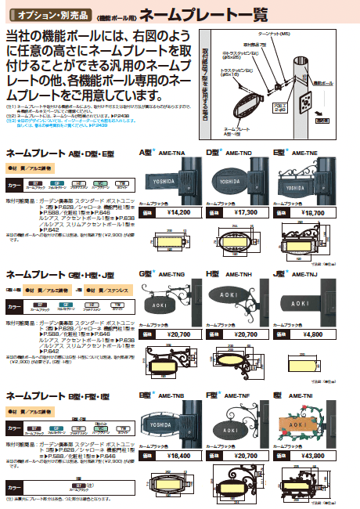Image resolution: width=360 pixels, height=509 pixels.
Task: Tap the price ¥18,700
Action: click(314, 212)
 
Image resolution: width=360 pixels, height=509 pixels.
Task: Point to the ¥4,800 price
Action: click(314, 334)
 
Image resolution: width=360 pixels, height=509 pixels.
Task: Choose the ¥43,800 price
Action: click(314, 455)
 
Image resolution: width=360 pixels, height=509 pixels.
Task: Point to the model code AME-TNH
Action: click(239, 274)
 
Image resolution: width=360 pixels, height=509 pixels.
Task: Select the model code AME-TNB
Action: click(172, 396)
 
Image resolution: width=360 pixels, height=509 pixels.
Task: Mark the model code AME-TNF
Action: click(239, 396)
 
